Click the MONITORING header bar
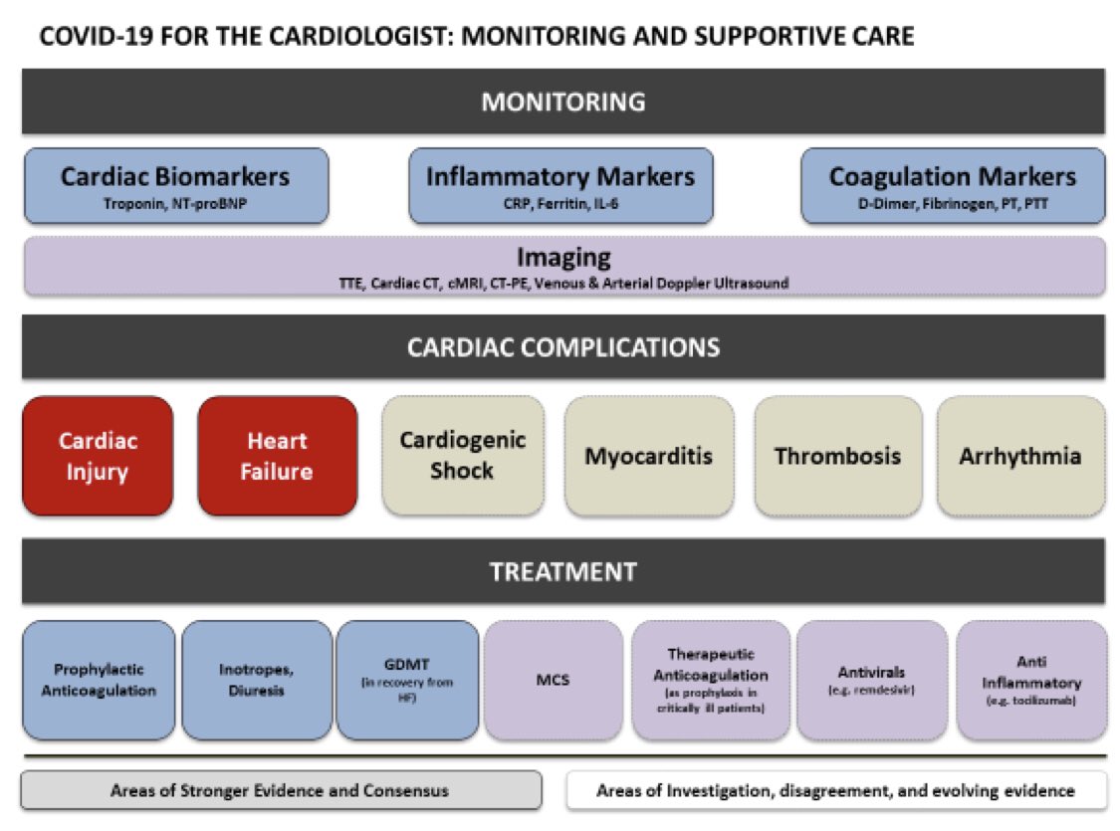[562, 102]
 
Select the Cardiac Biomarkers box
[175, 185]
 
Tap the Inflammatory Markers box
[560, 185]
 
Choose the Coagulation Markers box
[952, 185]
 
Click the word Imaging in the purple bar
[563, 257]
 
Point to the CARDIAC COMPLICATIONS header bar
[562, 347]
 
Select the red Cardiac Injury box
[98, 456]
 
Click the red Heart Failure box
[277, 456]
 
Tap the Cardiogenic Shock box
[463, 456]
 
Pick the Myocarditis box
[648, 456]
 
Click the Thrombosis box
[837, 456]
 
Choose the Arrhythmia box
[1019, 456]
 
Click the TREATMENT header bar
[562, 572]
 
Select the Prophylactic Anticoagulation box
[98, 681]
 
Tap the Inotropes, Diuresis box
[257, 681]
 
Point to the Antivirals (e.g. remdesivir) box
[871, 681]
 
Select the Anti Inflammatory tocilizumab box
[1030, 681]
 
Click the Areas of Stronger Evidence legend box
[281, 791]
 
